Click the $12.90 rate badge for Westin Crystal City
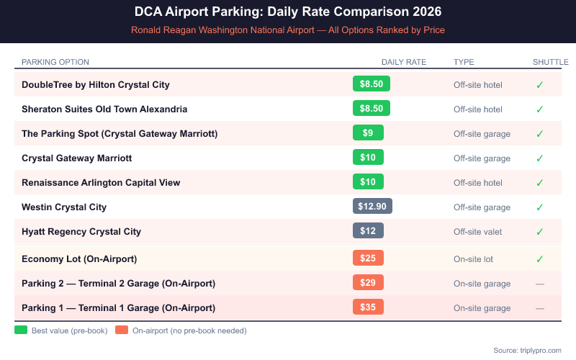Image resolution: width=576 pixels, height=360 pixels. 372,207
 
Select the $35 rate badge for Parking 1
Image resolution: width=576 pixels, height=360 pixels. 368,307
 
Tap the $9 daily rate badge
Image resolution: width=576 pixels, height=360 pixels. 368,133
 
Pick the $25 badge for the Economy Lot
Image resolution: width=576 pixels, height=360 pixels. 368,258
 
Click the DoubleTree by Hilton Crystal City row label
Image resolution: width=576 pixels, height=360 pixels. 96,85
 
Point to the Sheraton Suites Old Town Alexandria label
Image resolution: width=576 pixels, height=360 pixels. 104,109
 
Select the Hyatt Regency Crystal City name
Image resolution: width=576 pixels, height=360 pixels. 81,232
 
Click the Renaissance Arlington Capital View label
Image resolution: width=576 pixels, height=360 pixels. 101,183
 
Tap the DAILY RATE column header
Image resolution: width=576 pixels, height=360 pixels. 404,62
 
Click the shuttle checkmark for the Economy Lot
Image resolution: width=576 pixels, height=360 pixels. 539,258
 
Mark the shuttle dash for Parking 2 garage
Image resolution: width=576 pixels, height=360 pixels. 539,284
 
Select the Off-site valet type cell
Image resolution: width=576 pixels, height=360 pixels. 477,232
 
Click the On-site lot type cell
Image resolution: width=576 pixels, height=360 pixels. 473,258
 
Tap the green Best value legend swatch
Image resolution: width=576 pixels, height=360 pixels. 20,330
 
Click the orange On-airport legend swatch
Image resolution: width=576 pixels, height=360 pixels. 121,330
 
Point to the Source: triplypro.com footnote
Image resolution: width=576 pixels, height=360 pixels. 527,350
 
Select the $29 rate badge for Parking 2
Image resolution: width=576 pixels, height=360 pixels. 368,282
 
